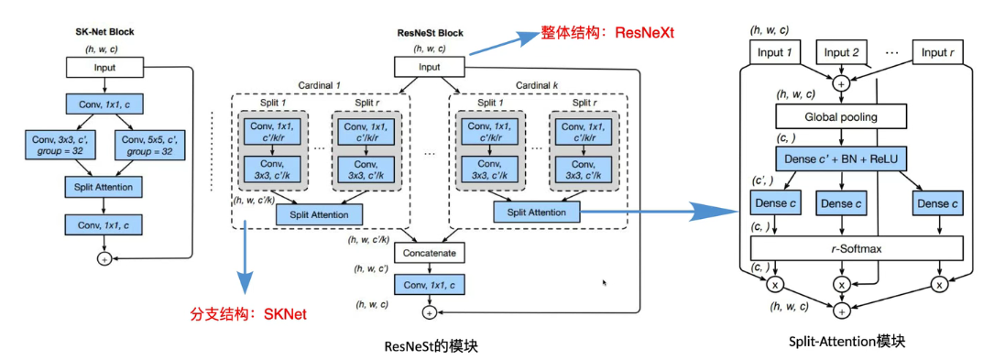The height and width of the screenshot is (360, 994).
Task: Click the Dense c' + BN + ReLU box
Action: tap(840, 159)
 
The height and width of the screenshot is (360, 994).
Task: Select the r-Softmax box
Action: tap(857, 247)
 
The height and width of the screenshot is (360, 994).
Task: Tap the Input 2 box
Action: tap(841, 52)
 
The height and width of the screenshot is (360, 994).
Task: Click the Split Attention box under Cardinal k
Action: tap(537, 213)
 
